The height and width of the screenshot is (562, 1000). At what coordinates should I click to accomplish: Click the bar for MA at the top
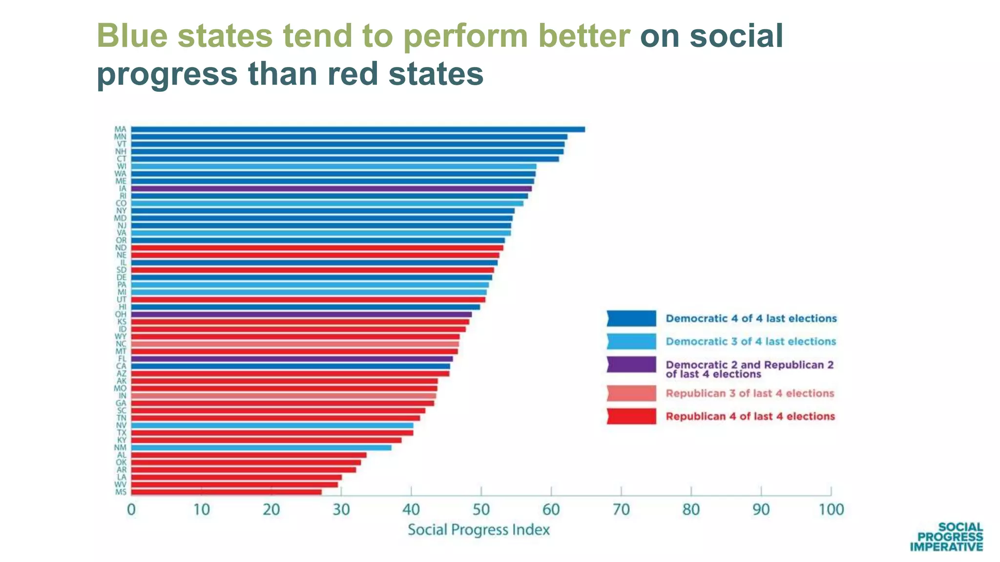coord(358,129)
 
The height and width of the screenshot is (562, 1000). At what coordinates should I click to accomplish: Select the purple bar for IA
coord(332,188)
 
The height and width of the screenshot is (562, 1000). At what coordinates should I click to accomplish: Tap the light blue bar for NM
coord(261,447)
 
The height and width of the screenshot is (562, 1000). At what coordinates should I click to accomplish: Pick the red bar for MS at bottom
coord(227,492)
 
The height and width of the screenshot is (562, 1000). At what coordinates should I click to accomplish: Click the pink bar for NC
coord(295,344)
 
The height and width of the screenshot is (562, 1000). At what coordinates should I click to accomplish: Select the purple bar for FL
coord(292,359)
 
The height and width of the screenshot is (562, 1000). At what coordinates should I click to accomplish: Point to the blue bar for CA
coord(291,366)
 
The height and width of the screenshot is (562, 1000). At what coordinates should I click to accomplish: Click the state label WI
coord(121,166)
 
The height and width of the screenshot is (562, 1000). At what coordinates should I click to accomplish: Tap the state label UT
coord(122,300)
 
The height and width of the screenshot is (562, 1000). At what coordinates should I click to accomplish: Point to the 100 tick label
coord(831,510)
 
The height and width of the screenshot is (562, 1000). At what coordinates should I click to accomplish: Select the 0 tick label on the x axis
coord(131,510)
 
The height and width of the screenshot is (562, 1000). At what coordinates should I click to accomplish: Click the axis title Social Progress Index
coord(479,530)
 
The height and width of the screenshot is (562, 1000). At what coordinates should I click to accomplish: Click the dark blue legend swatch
coord(631,319)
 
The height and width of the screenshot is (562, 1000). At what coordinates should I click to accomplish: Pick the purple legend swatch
coord(631,365)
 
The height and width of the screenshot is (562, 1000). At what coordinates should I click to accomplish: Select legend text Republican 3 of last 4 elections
coord(750,393)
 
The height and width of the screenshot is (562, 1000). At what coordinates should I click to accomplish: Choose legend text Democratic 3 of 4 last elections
coord(750,341)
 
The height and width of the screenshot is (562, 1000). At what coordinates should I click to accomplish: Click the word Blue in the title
coord(132,36)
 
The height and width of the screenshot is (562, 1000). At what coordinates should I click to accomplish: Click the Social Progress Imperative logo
coord(946,537)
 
